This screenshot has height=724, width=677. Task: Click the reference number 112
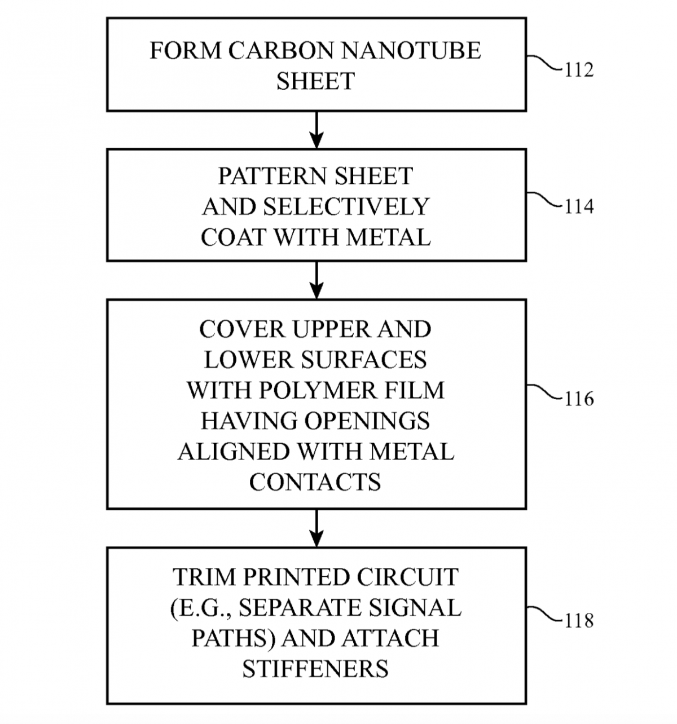point(579,70)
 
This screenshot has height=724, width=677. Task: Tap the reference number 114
point(579,207)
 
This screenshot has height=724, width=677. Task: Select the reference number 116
point(579,399)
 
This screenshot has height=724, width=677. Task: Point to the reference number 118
point(579,621)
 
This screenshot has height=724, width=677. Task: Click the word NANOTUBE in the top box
point(411,51)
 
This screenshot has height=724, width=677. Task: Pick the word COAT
point(234,237)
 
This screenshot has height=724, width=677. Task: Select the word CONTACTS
point(315,482)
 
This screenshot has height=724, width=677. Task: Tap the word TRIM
point(197,577)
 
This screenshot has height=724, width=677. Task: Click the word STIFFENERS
point(315,669)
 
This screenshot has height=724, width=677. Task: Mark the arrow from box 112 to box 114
point(316,130)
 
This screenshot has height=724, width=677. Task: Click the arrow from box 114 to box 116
point(316,280)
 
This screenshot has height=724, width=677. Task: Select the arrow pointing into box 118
point(316,528)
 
